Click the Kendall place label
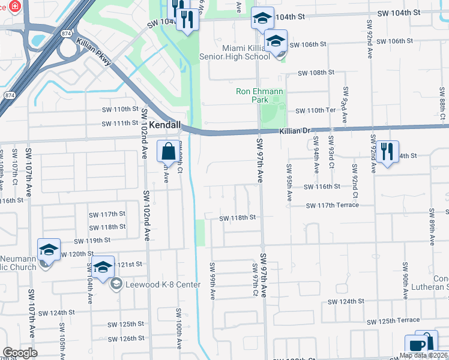coord(164,125)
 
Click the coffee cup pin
coord(416,346)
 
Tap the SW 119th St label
coord(92,240)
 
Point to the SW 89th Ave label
coord(432,228)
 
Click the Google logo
coord(20,353)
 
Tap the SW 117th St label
coord(107,214)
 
